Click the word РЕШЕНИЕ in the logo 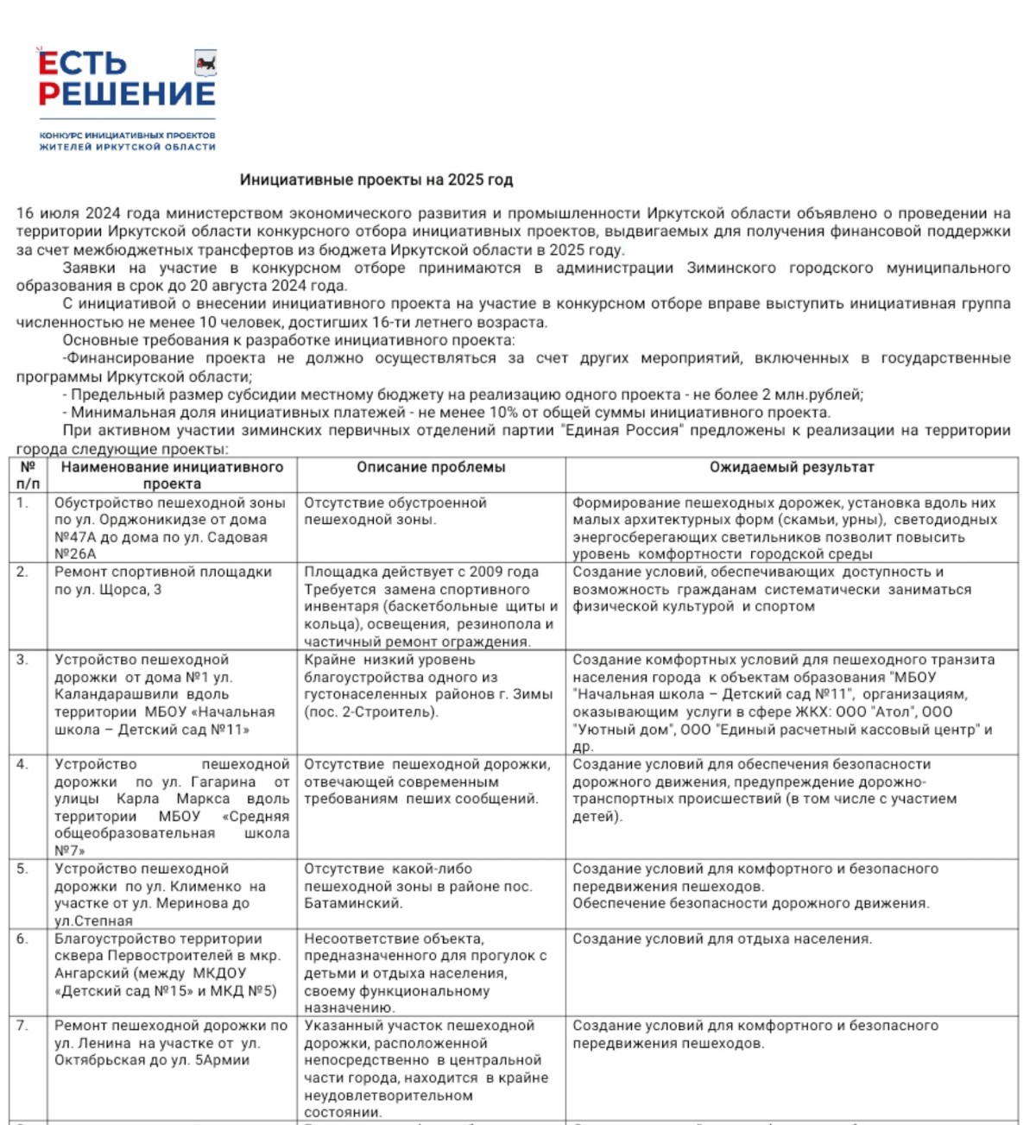(127, 94)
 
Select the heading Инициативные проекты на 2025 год (376, 180)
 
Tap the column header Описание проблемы (431, 467)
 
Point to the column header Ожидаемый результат (792, 467)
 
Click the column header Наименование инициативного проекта (172, 475)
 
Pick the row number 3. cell (22, 660)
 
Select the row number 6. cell (22, 939)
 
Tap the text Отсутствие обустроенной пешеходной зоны (395, 511)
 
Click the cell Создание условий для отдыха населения (722, 939)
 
